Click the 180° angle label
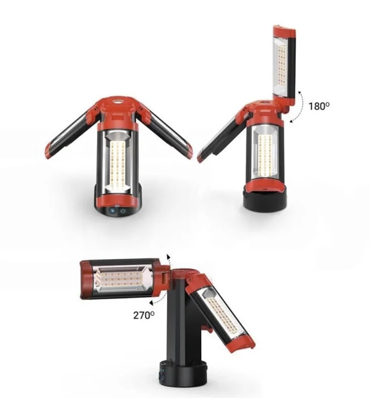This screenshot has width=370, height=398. click(x=319, y=106)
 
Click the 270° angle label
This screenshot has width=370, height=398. click(x=144, y=315)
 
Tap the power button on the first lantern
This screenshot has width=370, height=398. click(x=123, y=211)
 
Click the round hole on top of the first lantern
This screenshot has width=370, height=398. click(x=117, y=102)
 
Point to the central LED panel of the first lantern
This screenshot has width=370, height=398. click(x=117, y=163)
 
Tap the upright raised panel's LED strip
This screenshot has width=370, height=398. click(x=281, y=64)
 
